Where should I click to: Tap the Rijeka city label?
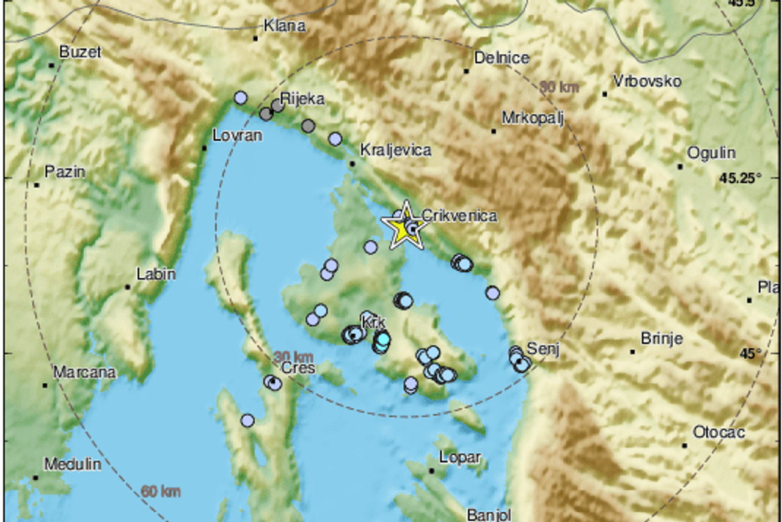302,99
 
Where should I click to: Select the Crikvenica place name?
459,216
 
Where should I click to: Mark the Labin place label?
156,274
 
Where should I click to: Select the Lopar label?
461,457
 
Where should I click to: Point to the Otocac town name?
719,433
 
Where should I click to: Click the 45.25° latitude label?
741,178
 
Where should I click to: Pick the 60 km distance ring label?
161,491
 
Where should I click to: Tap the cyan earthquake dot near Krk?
382,339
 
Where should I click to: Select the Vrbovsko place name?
647,81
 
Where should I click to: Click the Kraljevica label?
396,150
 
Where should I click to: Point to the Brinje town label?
662,339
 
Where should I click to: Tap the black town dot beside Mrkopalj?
494,131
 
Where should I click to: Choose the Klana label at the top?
284,26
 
